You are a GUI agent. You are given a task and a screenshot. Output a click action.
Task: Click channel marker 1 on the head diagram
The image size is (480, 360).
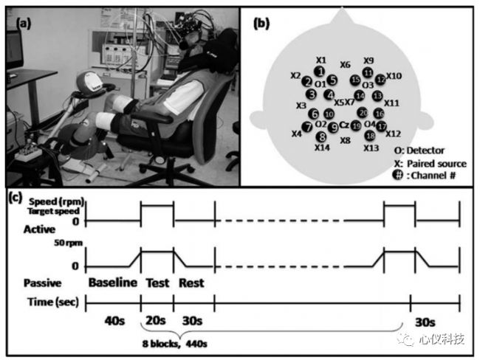point(320,71)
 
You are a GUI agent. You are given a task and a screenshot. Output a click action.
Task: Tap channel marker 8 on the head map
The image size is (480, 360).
point(320,136)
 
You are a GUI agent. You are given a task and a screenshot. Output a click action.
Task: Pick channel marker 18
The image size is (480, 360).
point(370,136)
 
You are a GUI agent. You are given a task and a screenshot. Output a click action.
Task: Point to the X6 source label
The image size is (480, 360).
point(345,65)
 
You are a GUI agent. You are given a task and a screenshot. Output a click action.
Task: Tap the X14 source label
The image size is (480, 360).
point(321,148)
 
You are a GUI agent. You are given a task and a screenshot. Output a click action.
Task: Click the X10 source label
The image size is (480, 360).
point(394,75)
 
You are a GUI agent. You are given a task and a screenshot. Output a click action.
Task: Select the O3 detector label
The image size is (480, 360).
point(367,86)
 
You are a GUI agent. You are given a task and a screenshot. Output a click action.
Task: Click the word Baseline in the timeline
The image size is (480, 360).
point(113,282)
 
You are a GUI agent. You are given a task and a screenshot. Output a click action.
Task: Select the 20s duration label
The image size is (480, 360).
point(156,322)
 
